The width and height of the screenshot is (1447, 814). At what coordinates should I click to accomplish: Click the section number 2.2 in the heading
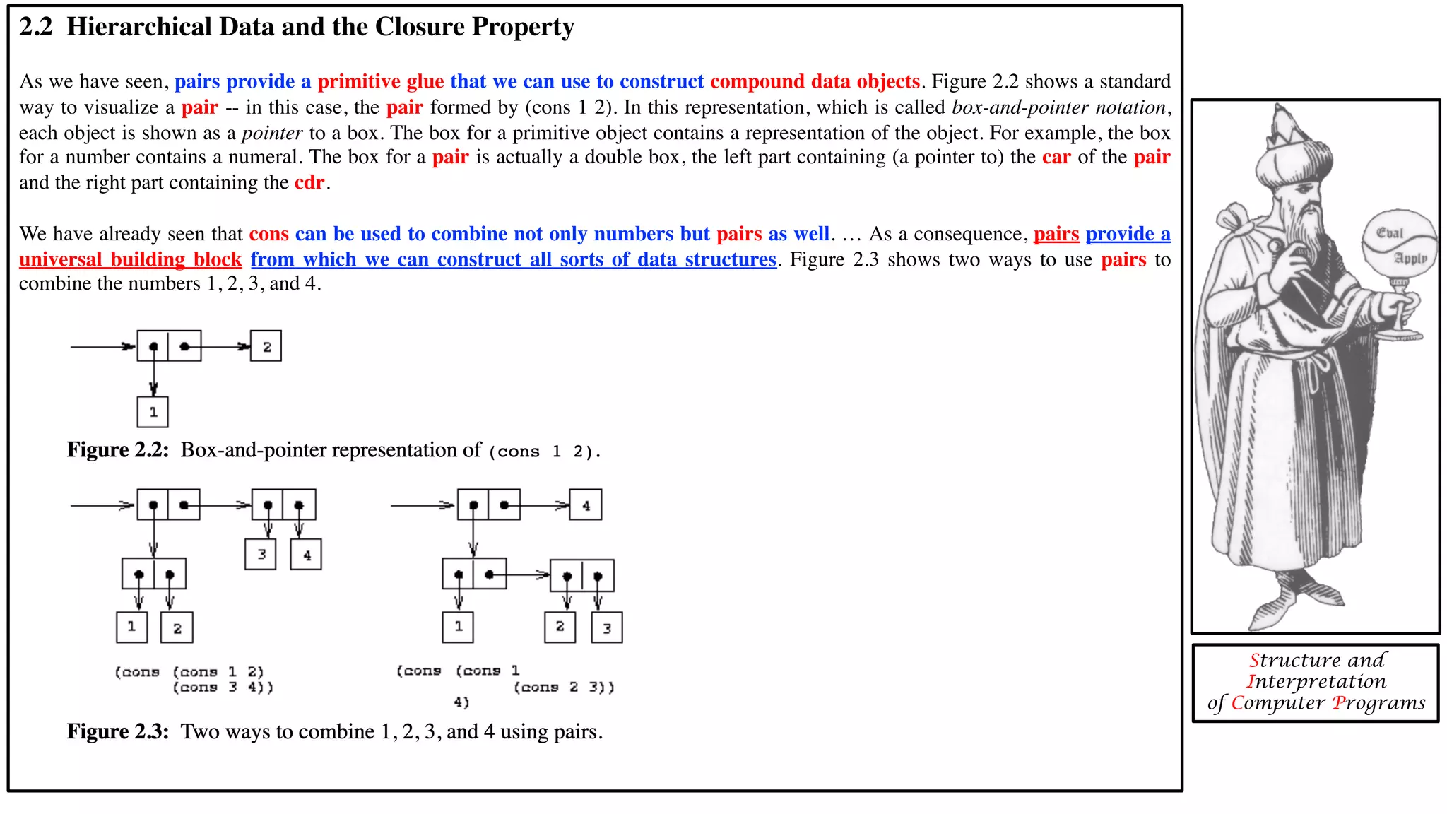click(x=35, y=27)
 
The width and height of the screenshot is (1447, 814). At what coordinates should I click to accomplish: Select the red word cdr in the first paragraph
click(x=309, y=182)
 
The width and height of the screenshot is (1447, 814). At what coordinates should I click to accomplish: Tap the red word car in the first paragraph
click(x=1056, y=157)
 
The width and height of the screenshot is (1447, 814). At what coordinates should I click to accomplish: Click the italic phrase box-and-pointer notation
click(x=1058, y=107)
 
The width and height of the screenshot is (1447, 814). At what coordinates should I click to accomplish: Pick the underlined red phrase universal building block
click(x=131, y=260)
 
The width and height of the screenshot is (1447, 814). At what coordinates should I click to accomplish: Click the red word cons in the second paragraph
click(x=269, y=234)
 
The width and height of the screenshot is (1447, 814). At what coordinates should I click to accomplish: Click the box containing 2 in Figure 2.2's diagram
click(x=266, y=346)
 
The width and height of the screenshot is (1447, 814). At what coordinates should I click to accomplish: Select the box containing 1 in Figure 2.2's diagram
click(x=153, y=412)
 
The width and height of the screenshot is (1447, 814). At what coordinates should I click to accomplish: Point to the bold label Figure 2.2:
click(x=118, y=450)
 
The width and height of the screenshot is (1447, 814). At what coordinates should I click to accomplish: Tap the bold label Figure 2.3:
click(x=118, y=731)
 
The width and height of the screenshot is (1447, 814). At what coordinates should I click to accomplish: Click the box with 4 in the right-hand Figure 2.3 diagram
click(x=586, y=505)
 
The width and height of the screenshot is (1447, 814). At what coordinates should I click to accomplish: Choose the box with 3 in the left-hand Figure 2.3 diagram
click(x=261, y=554)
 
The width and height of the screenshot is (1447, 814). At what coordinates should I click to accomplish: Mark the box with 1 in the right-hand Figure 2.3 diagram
click(x=458, y=627)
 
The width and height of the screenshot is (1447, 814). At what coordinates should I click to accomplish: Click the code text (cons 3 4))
click(x=223, y=688)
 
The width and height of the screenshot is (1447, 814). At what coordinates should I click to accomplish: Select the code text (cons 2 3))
click(x=564, y=688)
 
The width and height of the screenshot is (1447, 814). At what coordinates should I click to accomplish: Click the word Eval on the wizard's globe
click(x=1389, y=233)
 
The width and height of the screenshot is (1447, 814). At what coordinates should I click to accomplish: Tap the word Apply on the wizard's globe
click(x=1410, y=259)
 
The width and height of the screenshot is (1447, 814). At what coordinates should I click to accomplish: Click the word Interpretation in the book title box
click(x=1316, y=681)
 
